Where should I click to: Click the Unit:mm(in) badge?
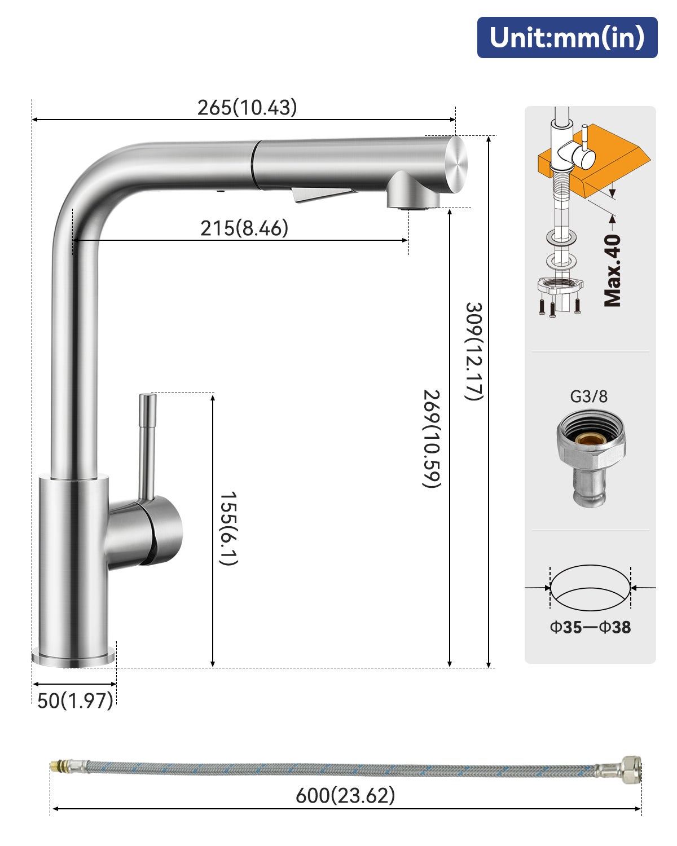(x=567, y=37)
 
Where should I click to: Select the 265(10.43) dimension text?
(x=247, y=107)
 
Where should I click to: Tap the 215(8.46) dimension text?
(x=244, y=228)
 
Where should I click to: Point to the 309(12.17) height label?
(x=474, y=351)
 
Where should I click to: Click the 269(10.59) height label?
(x=432, y=439)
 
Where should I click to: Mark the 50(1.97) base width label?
(x=75, y=700)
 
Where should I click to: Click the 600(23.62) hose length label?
(x=345, y=795)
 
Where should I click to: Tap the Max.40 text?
(x=613, y=271)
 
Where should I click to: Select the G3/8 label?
(x=588, y=396)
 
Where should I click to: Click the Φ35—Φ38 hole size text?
(x=590, y=627)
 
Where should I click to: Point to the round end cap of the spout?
(x=456, y=164)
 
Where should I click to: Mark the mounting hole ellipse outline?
(x=590, y=588)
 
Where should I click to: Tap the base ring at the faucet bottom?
(x=74, y=658)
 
